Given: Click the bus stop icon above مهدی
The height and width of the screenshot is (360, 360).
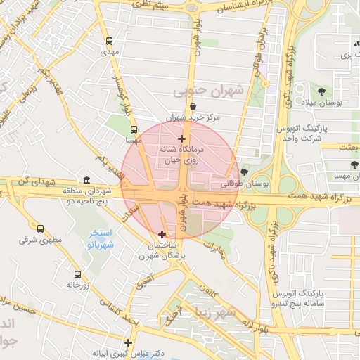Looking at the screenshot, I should click(x=108, y=41).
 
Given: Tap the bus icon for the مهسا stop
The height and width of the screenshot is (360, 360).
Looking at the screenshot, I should click(x=134, y=130).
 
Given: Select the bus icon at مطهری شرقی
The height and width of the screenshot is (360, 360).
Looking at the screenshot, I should click(x=40, y=229).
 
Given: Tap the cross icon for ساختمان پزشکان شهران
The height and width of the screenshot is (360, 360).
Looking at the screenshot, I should click(x=162, y=234).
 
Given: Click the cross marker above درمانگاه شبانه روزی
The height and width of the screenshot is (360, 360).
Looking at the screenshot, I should click(x=181, y=139).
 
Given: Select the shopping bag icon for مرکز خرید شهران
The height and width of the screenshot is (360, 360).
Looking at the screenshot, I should click(x=193, y=106).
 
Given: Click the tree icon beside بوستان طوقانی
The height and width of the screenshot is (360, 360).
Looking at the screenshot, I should click(x=244, y=172).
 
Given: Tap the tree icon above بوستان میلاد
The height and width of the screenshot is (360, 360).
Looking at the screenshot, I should click(x=321, y=91).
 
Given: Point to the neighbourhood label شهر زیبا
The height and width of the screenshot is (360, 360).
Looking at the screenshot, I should click(x=223, y=310).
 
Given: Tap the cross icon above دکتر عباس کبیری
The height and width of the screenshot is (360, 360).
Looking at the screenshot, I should click(x=128, y=342).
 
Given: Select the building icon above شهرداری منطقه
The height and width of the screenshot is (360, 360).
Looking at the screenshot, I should click(x=86, y=180).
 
